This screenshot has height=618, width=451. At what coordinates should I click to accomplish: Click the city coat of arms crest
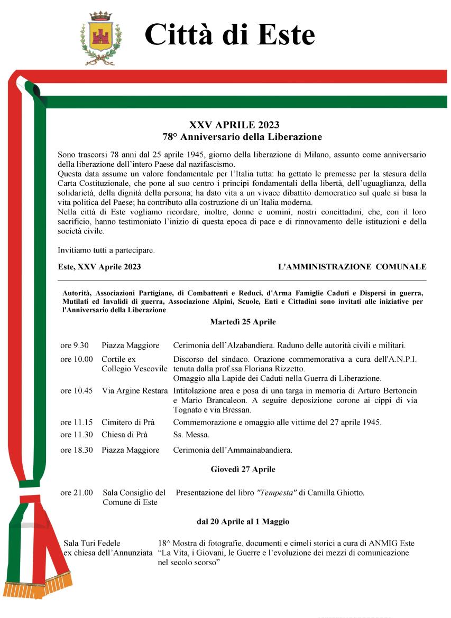pyautogui.click(x=101, y=37)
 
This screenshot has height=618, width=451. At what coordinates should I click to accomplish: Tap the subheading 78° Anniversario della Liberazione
pyautogui.click(x=242, y=137)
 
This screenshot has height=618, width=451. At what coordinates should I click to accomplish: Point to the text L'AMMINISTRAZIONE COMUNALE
pyautogui.click(x=352, y=267)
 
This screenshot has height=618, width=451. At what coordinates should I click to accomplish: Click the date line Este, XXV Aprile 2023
pyautogui.click(x=99, y=267)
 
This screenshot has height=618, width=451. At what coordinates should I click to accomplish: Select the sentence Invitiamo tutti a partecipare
pyautogui.click(x=106, y=250)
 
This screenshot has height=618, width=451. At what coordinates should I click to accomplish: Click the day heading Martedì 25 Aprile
pyautogui.click(x=243, y=322)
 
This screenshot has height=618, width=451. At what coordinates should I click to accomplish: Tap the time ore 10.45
pyautogui.click(x=76, y=391)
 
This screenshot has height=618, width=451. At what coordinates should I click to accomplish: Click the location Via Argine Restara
pyautogui.click(x=135, y=391)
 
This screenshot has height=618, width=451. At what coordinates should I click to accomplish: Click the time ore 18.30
pyautogui.click(x=76, y=450)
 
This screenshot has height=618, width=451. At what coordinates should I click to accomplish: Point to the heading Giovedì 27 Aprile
pyautogui.click(x=243, y=469)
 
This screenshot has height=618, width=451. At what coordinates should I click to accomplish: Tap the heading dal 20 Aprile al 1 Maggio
pyautogui.click(x=243, y=521)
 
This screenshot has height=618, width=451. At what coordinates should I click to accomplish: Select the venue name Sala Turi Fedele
pyautogui.click(x=91, y=543)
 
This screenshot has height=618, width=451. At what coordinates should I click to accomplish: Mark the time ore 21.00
pyautogui.click(x=76, y=493)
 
